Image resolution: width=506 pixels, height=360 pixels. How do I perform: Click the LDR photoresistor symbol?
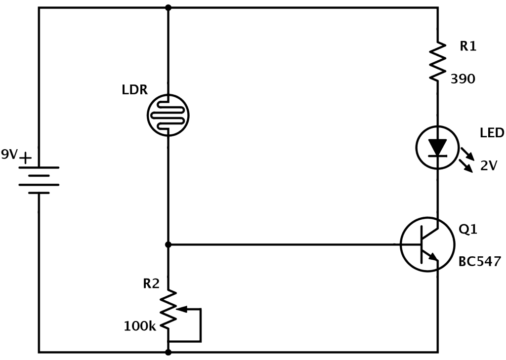point(168,115)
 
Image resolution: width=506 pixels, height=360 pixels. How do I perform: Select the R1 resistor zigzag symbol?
point(438,62)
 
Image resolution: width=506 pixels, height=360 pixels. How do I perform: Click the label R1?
point(468,46)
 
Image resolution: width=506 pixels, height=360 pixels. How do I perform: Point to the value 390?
point(463,79)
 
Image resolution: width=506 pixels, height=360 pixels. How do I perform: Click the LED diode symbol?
point(437,147)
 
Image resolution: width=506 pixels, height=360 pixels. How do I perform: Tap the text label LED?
point(492,133)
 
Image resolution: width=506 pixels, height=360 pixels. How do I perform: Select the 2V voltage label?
point(488,166)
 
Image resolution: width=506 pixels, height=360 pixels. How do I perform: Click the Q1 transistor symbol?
point(427,244)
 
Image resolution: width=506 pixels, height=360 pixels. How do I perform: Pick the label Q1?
point(468,230)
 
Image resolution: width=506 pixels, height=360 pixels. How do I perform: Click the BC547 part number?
point(479,261)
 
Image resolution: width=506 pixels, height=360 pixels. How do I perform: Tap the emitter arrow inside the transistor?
point(433,256)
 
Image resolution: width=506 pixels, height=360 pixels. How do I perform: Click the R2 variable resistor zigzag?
point(169,310)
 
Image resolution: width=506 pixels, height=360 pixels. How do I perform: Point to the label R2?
point(151,283)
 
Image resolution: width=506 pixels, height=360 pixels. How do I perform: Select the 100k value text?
point(140,326)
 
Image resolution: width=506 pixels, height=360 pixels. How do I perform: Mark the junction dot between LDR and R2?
point(169,244)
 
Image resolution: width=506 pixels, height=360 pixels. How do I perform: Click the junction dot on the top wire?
point(169,7)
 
